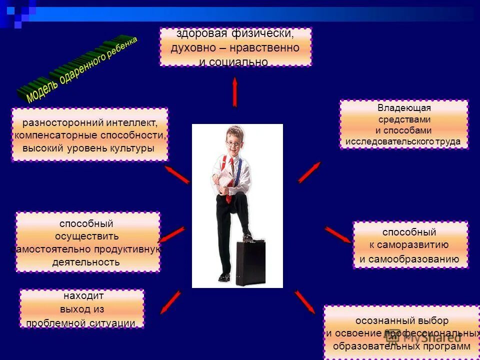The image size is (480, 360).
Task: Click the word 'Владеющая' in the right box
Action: click(404, 108)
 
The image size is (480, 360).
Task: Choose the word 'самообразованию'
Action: click(409, 259)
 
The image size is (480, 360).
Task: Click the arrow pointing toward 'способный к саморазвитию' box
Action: click(338, 234)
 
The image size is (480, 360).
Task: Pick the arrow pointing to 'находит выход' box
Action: click(171, 302)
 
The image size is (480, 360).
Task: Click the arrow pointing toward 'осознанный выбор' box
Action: click(304, 302)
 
